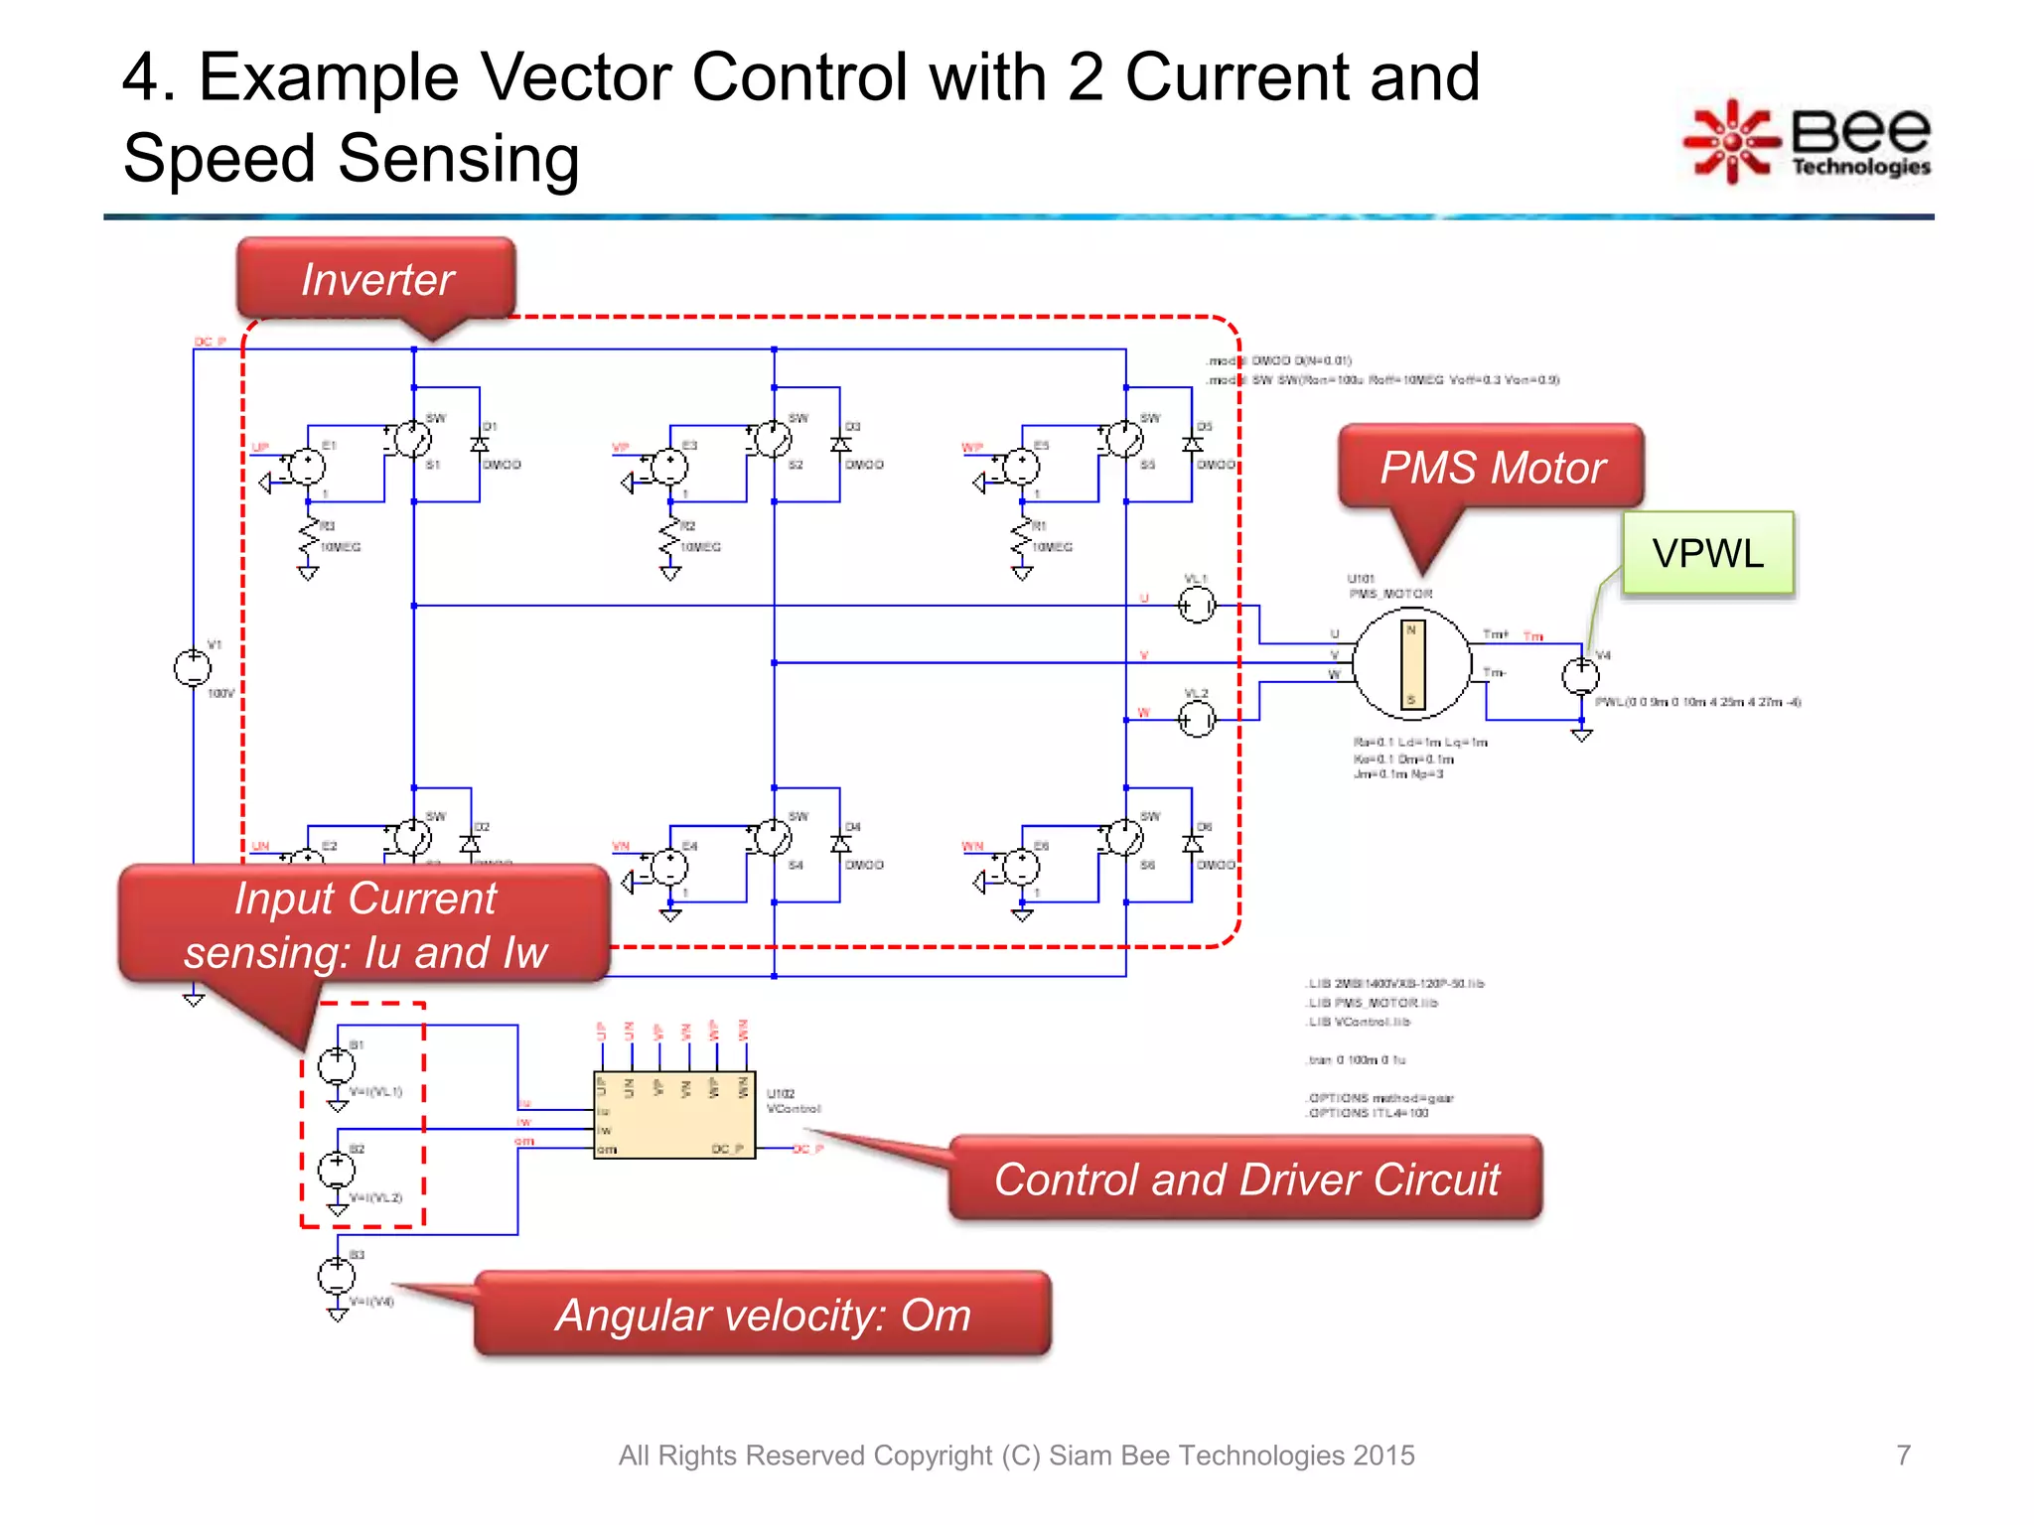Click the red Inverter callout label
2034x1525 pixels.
coord(376,279)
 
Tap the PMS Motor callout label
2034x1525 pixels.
coord(1492,467)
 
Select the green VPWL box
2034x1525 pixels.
coord(1707,553)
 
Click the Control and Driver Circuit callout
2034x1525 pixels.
coord(1245,1178)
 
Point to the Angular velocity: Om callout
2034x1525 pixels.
coord(762,1315)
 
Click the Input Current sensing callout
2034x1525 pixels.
coord(364,924)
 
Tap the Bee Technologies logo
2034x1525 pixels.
coord(1809,142)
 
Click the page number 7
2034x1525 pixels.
coord(1903,1455)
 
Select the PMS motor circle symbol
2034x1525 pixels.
coord(1411,663)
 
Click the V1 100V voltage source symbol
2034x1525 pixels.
coord(193,668)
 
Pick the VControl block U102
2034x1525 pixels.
coord(674,1114)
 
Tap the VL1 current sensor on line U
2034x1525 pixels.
coord(1196,605)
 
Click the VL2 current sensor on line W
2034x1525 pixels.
coord(1196,719)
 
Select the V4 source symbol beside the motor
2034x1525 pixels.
coord(1580,677)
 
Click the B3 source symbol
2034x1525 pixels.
coord(336,1275)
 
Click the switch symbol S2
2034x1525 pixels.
coord(773,439)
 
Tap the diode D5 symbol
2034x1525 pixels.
coord(1192,444)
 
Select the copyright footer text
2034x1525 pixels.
coord(1016,1455)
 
